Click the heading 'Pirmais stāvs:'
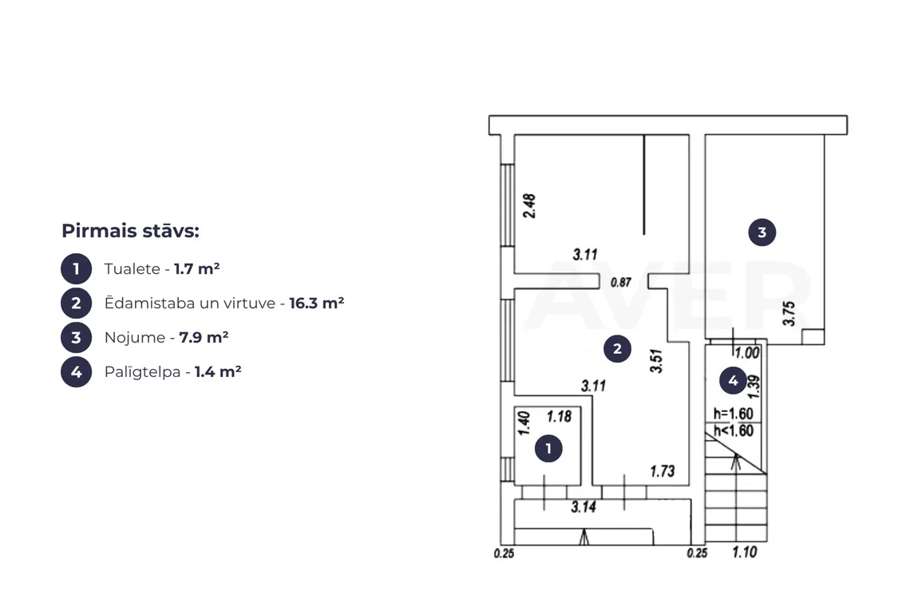(131, 231)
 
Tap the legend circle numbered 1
(76, 269)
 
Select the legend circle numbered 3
(76, 338)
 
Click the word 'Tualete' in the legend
(133, 269)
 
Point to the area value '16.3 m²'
(316, 303)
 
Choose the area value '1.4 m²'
(218, 371)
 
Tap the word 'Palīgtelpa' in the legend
(142, 371)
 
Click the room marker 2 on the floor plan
(617, 348)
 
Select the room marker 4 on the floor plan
(733, 380)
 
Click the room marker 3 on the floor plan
(762, 232)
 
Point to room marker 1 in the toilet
(548, 448)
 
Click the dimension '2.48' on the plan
(529, 205)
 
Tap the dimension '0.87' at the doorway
(620, 282)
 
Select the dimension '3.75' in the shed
(789, 314)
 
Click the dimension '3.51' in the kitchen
(656, 361)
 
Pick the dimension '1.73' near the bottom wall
(663, 470)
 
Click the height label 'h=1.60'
(734, 414)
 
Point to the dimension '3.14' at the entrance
(584, 507)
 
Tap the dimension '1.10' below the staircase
(745, 552)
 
